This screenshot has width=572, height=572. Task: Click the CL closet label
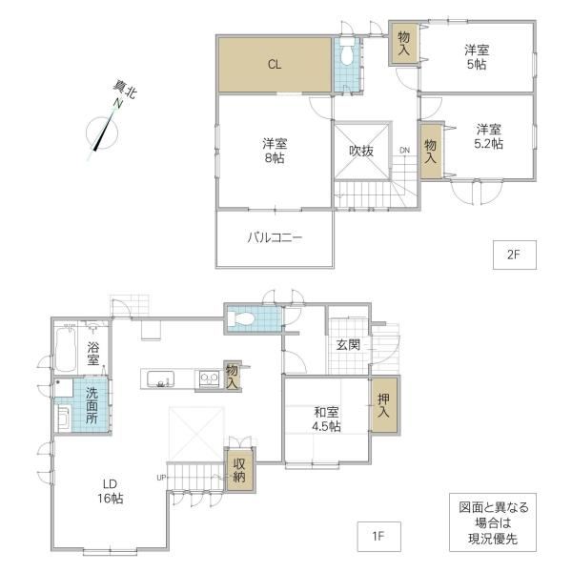tap(275, 65)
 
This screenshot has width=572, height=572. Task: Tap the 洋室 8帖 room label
tap(275, 151)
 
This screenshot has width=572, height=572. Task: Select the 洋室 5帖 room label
tap(477, 57)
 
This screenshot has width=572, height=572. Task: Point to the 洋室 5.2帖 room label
tap(488, 136)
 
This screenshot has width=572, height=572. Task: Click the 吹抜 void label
tap(361, 151)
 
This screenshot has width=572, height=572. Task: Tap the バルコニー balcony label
tap(275, 237)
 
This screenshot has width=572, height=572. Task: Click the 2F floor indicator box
tap(515, 255)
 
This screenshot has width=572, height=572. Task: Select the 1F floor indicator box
tap(378, 536)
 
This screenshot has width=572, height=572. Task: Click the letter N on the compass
tap(117, 103)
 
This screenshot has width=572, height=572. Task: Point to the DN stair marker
tap(404, 150)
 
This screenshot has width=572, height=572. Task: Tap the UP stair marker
tap(161, 478)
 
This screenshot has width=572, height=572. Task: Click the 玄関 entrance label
tap(348, 344)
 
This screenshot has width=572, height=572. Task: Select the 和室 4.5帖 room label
tap(326, 419)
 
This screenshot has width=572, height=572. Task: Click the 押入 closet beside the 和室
tap(384, 405)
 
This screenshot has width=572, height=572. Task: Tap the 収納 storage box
tap(239, 470)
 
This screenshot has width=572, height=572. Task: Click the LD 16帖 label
tap(110, 491)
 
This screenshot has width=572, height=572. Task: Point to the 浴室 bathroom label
tap(93, 354)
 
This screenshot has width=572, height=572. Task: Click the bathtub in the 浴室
tap(66, 349)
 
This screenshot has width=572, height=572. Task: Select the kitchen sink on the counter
tap(160, 379)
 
